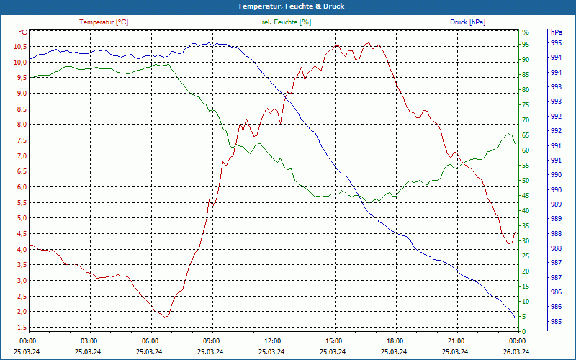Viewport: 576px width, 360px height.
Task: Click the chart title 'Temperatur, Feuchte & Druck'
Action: point(288,6)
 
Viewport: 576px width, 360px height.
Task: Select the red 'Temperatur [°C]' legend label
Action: point(104,22)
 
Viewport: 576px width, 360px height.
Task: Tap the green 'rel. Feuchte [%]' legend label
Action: point(287,22)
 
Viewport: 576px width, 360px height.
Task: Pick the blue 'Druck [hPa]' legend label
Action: point(467,22)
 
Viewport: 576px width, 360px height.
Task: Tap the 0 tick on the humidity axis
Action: point(524,331)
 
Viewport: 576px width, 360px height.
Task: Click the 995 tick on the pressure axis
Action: point(556,43)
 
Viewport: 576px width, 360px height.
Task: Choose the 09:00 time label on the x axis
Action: point(212,341)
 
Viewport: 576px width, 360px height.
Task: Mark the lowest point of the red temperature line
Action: point(166,318)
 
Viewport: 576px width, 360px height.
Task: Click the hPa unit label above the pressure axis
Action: point(556,32)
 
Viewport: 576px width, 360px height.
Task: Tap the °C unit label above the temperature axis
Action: point(23,32)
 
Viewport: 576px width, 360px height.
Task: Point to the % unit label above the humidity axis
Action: point(525,32)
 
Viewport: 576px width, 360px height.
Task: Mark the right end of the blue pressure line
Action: point(515,318)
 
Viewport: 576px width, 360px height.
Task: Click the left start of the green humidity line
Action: point(30,77)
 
